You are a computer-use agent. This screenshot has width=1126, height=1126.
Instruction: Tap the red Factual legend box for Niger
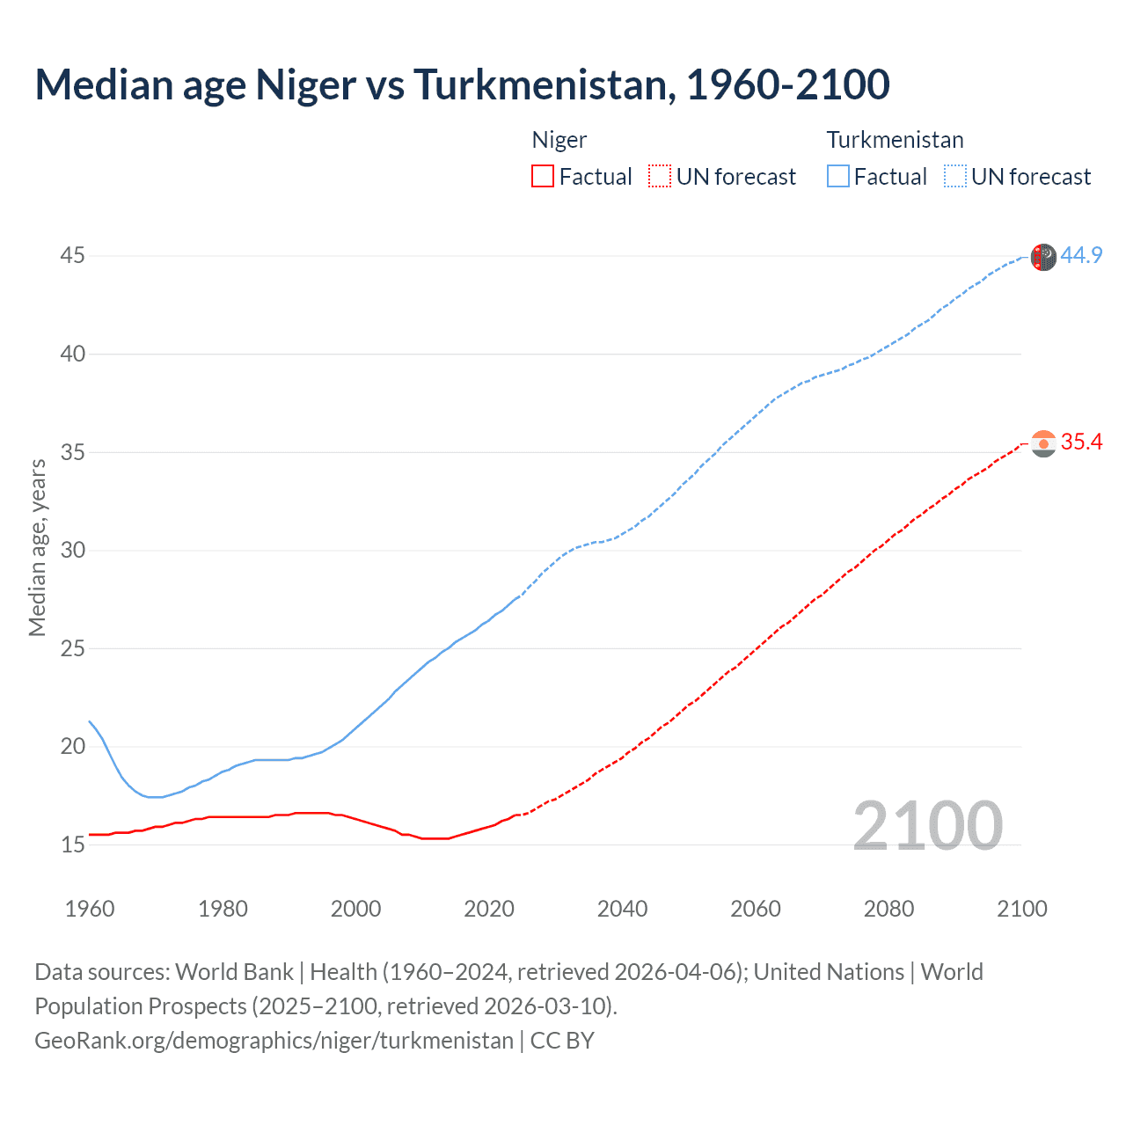pos(543,177)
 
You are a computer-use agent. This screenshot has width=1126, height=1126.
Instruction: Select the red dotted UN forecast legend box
pos(660,177)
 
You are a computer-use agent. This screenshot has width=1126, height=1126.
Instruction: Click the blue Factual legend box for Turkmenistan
pos(837,177)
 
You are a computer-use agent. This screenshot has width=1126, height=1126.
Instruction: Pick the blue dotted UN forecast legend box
pos(954,177)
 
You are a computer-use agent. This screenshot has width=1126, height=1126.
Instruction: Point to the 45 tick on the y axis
pos(72,256)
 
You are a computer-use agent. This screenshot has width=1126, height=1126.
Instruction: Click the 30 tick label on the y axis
pos(72,551)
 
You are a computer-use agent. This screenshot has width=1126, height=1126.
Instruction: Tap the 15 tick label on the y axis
pos(72,845)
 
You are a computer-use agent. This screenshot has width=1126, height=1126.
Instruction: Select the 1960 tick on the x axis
pos(90,909)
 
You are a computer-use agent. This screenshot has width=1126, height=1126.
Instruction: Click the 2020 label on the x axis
pos(489,909)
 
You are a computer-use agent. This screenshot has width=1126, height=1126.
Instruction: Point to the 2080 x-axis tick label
pos(888,909)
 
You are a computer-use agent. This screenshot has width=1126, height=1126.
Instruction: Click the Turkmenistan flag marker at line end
pos(1043,257)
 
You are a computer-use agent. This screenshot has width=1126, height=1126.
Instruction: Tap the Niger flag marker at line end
pos(1043,443)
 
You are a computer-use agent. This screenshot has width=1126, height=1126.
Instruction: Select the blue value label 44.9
pos(1081,256)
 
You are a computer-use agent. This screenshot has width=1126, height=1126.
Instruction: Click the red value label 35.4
pos(1081,442)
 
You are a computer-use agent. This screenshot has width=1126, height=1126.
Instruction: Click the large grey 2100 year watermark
pos(927,826)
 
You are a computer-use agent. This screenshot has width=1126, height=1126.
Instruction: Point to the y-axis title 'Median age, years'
pos(37,547)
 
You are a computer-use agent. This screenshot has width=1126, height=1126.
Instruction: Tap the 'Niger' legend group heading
pos(559,140)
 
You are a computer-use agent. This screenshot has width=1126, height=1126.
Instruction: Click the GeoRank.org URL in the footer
pos(274,1041)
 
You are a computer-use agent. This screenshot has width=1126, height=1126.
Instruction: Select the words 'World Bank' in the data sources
pos(234,972)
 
